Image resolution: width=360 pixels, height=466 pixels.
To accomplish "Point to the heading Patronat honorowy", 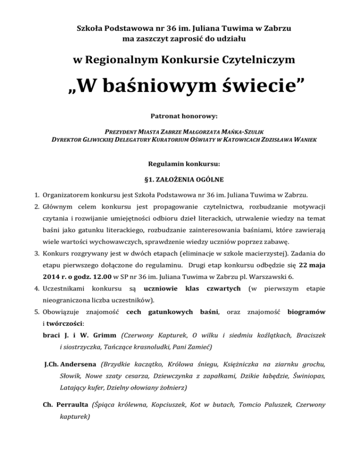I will [x=180, y=115].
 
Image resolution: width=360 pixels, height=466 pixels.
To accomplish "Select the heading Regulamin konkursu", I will [x=180, y=164].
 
